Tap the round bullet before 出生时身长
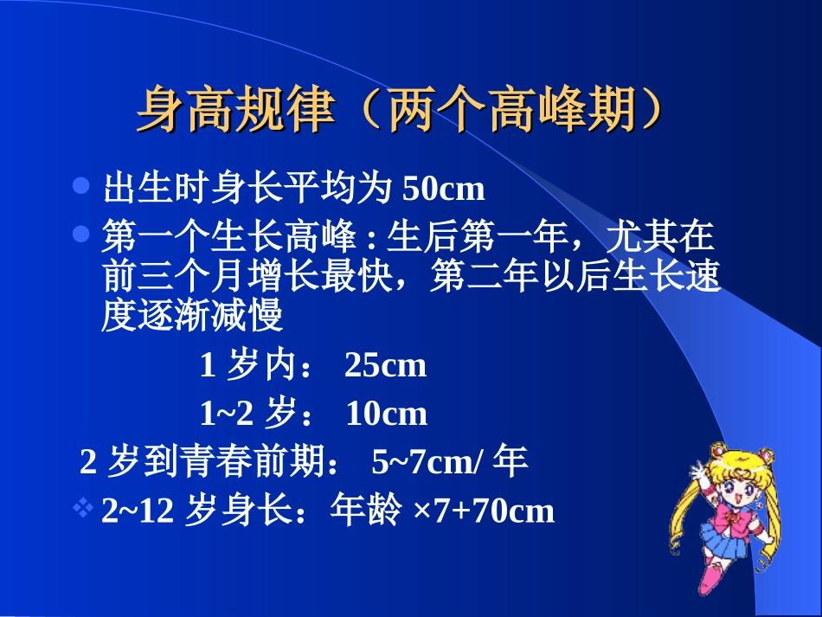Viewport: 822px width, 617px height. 82,186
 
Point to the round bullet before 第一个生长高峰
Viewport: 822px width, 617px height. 82,234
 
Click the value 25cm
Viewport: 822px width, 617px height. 385,366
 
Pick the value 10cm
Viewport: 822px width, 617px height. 386,415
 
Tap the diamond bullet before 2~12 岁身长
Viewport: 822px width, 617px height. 84,510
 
